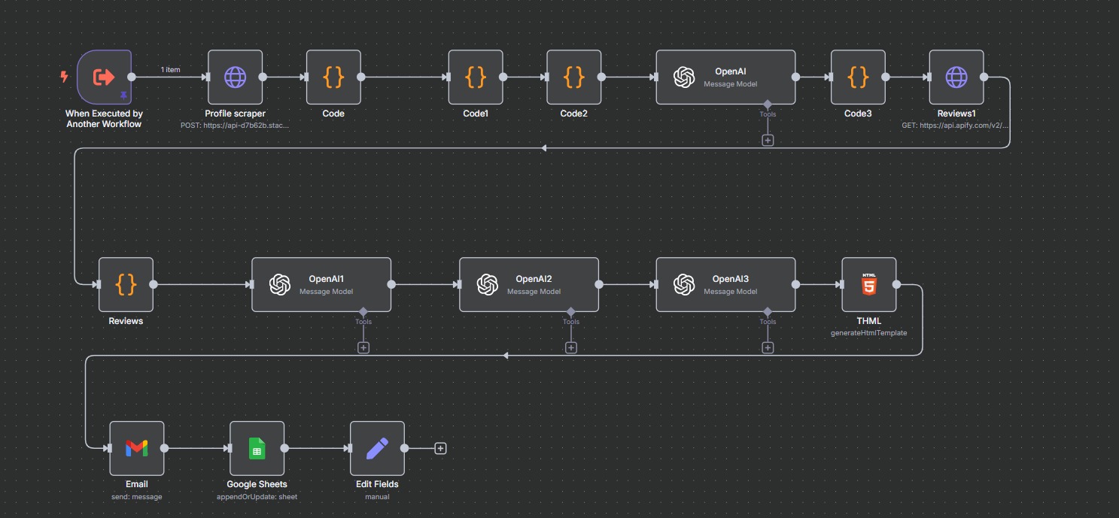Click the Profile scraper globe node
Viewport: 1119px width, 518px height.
pos(235,77)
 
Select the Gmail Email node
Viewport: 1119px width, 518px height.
pos(136,448)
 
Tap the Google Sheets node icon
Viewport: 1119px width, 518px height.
pos(257,448)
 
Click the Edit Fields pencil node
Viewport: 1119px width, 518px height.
pos(377,448)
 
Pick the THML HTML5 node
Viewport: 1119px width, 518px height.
pos(869,285)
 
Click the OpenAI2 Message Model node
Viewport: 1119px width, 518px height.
pos(528,285)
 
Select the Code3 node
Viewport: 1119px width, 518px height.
pos(858,77)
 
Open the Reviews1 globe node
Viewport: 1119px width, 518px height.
pos(956,77)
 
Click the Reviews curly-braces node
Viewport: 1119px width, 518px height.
pos(126,285)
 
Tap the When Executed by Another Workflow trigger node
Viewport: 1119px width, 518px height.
pos(104,77)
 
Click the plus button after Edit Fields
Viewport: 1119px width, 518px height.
pos(441,448)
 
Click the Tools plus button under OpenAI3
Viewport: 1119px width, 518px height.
pos(768,347)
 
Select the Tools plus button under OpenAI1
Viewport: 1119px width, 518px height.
pos(363,347)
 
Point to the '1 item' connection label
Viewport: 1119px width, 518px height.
pos(171,70)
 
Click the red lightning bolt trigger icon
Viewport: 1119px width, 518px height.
pos(64,77)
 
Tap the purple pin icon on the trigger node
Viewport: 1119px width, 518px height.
pos(123,95)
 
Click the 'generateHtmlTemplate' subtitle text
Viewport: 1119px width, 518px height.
pos(868,332)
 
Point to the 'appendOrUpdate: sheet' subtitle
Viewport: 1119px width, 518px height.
pos(257,496)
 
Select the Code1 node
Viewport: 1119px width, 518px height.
pos(476,77)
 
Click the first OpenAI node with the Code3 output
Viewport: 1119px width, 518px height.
pos(725,77)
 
